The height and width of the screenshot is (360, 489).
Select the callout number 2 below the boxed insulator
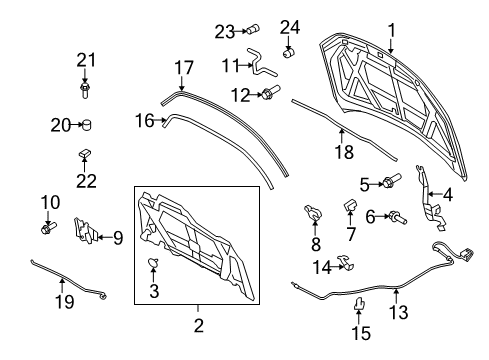pos(198,325)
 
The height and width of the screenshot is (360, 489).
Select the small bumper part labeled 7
pos(351,206)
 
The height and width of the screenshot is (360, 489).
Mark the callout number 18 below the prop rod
pos(345,153)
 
